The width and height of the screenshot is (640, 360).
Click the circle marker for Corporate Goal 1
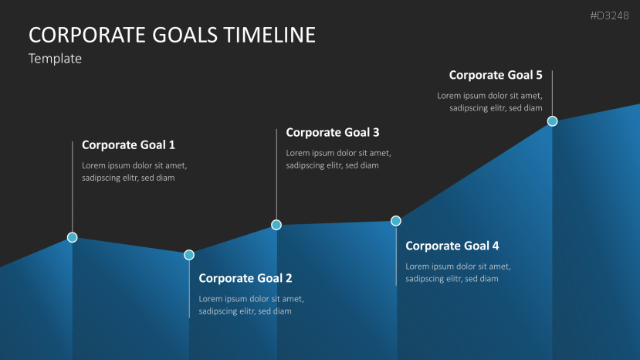[x=73, y=237]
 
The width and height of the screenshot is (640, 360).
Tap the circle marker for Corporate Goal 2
[x=189, y=255]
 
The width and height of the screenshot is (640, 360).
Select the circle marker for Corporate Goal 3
[x=276, y=225]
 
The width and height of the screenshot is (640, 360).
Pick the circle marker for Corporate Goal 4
[x=396, y=221]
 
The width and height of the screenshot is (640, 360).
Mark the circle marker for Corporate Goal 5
[x=552, y=121]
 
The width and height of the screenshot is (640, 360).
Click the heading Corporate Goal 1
[x=128, y=144]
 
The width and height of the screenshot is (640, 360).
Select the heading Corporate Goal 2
[x=246, y=278]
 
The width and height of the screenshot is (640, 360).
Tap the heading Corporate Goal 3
[x=333, y=132]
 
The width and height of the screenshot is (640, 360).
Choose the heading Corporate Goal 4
[x=452, y=246]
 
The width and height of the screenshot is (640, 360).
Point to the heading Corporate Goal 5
[x=496, y=75]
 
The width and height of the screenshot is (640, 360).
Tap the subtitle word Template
[x=55, y=58]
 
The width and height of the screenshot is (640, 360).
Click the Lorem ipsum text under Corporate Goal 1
[x=134, y=172]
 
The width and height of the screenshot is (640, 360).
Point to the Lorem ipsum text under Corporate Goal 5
[x=489, y=102]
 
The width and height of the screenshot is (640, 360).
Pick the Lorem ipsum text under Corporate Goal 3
[x=338, y=159]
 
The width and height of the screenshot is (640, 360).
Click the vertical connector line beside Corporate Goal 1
[x=73, y=185]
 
